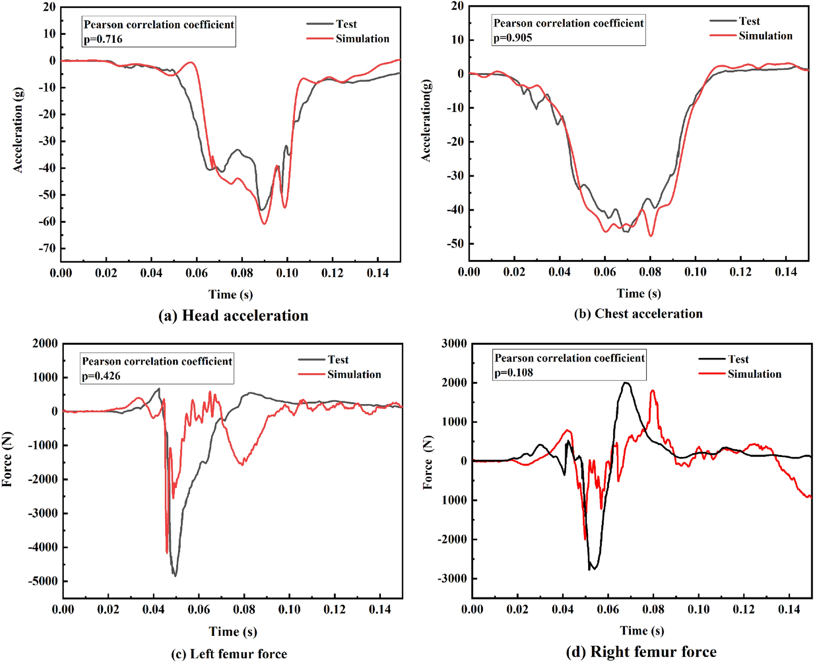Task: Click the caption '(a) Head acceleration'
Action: (233, 316)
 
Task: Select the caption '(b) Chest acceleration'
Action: (638, 314)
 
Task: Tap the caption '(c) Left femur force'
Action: (229, 654)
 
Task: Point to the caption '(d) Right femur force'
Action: (641, 652)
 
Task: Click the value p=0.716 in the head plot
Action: (103, 39)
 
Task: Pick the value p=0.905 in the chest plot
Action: (513, 38)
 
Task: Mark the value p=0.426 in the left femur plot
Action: (101, 376)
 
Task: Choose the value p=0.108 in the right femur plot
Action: (514, 373)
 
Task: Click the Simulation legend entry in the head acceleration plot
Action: (362, 39)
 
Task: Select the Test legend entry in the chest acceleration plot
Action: (749, 21)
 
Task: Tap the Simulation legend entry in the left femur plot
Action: (354, 375)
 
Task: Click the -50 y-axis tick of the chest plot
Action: (455, 244)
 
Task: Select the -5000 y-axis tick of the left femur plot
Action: (43, 581)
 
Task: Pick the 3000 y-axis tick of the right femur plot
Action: (454, 343)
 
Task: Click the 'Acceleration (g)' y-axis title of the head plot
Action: (18, 131)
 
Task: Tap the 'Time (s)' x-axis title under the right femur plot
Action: (642, 630)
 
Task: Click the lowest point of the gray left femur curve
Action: (175, 576)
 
